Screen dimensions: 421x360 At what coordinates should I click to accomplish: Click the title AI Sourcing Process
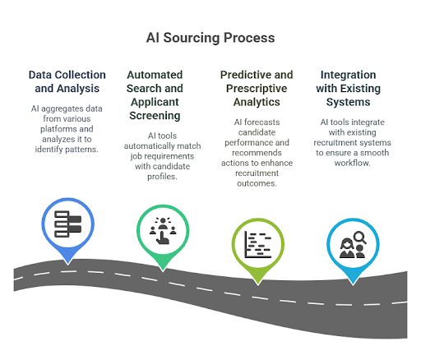[x=210, y=38]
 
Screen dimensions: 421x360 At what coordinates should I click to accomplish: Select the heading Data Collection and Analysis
[x=67, y=81]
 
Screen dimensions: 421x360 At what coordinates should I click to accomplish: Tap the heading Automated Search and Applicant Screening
[x=155, y=95]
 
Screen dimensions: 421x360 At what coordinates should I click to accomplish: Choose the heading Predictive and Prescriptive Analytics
[x=257, y=88]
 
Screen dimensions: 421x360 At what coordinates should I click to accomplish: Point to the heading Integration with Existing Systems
[x=349, y=88]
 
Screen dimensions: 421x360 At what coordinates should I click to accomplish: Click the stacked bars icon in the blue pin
[x=68, y=224]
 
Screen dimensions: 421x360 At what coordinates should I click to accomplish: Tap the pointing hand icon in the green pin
[x=163, y=238]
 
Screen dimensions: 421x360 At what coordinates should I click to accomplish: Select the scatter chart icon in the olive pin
[x=258, y=244]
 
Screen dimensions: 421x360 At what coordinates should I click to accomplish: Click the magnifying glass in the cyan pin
[x=360, y=238]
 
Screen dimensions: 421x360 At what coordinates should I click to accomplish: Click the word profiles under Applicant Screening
[x=162, y=177]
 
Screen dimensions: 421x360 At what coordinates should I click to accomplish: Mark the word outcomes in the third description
[x=257, y=183]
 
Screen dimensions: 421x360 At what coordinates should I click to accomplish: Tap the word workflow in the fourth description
[x=352, y=163]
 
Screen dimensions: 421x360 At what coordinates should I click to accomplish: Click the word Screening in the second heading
[x=155, y=116]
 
